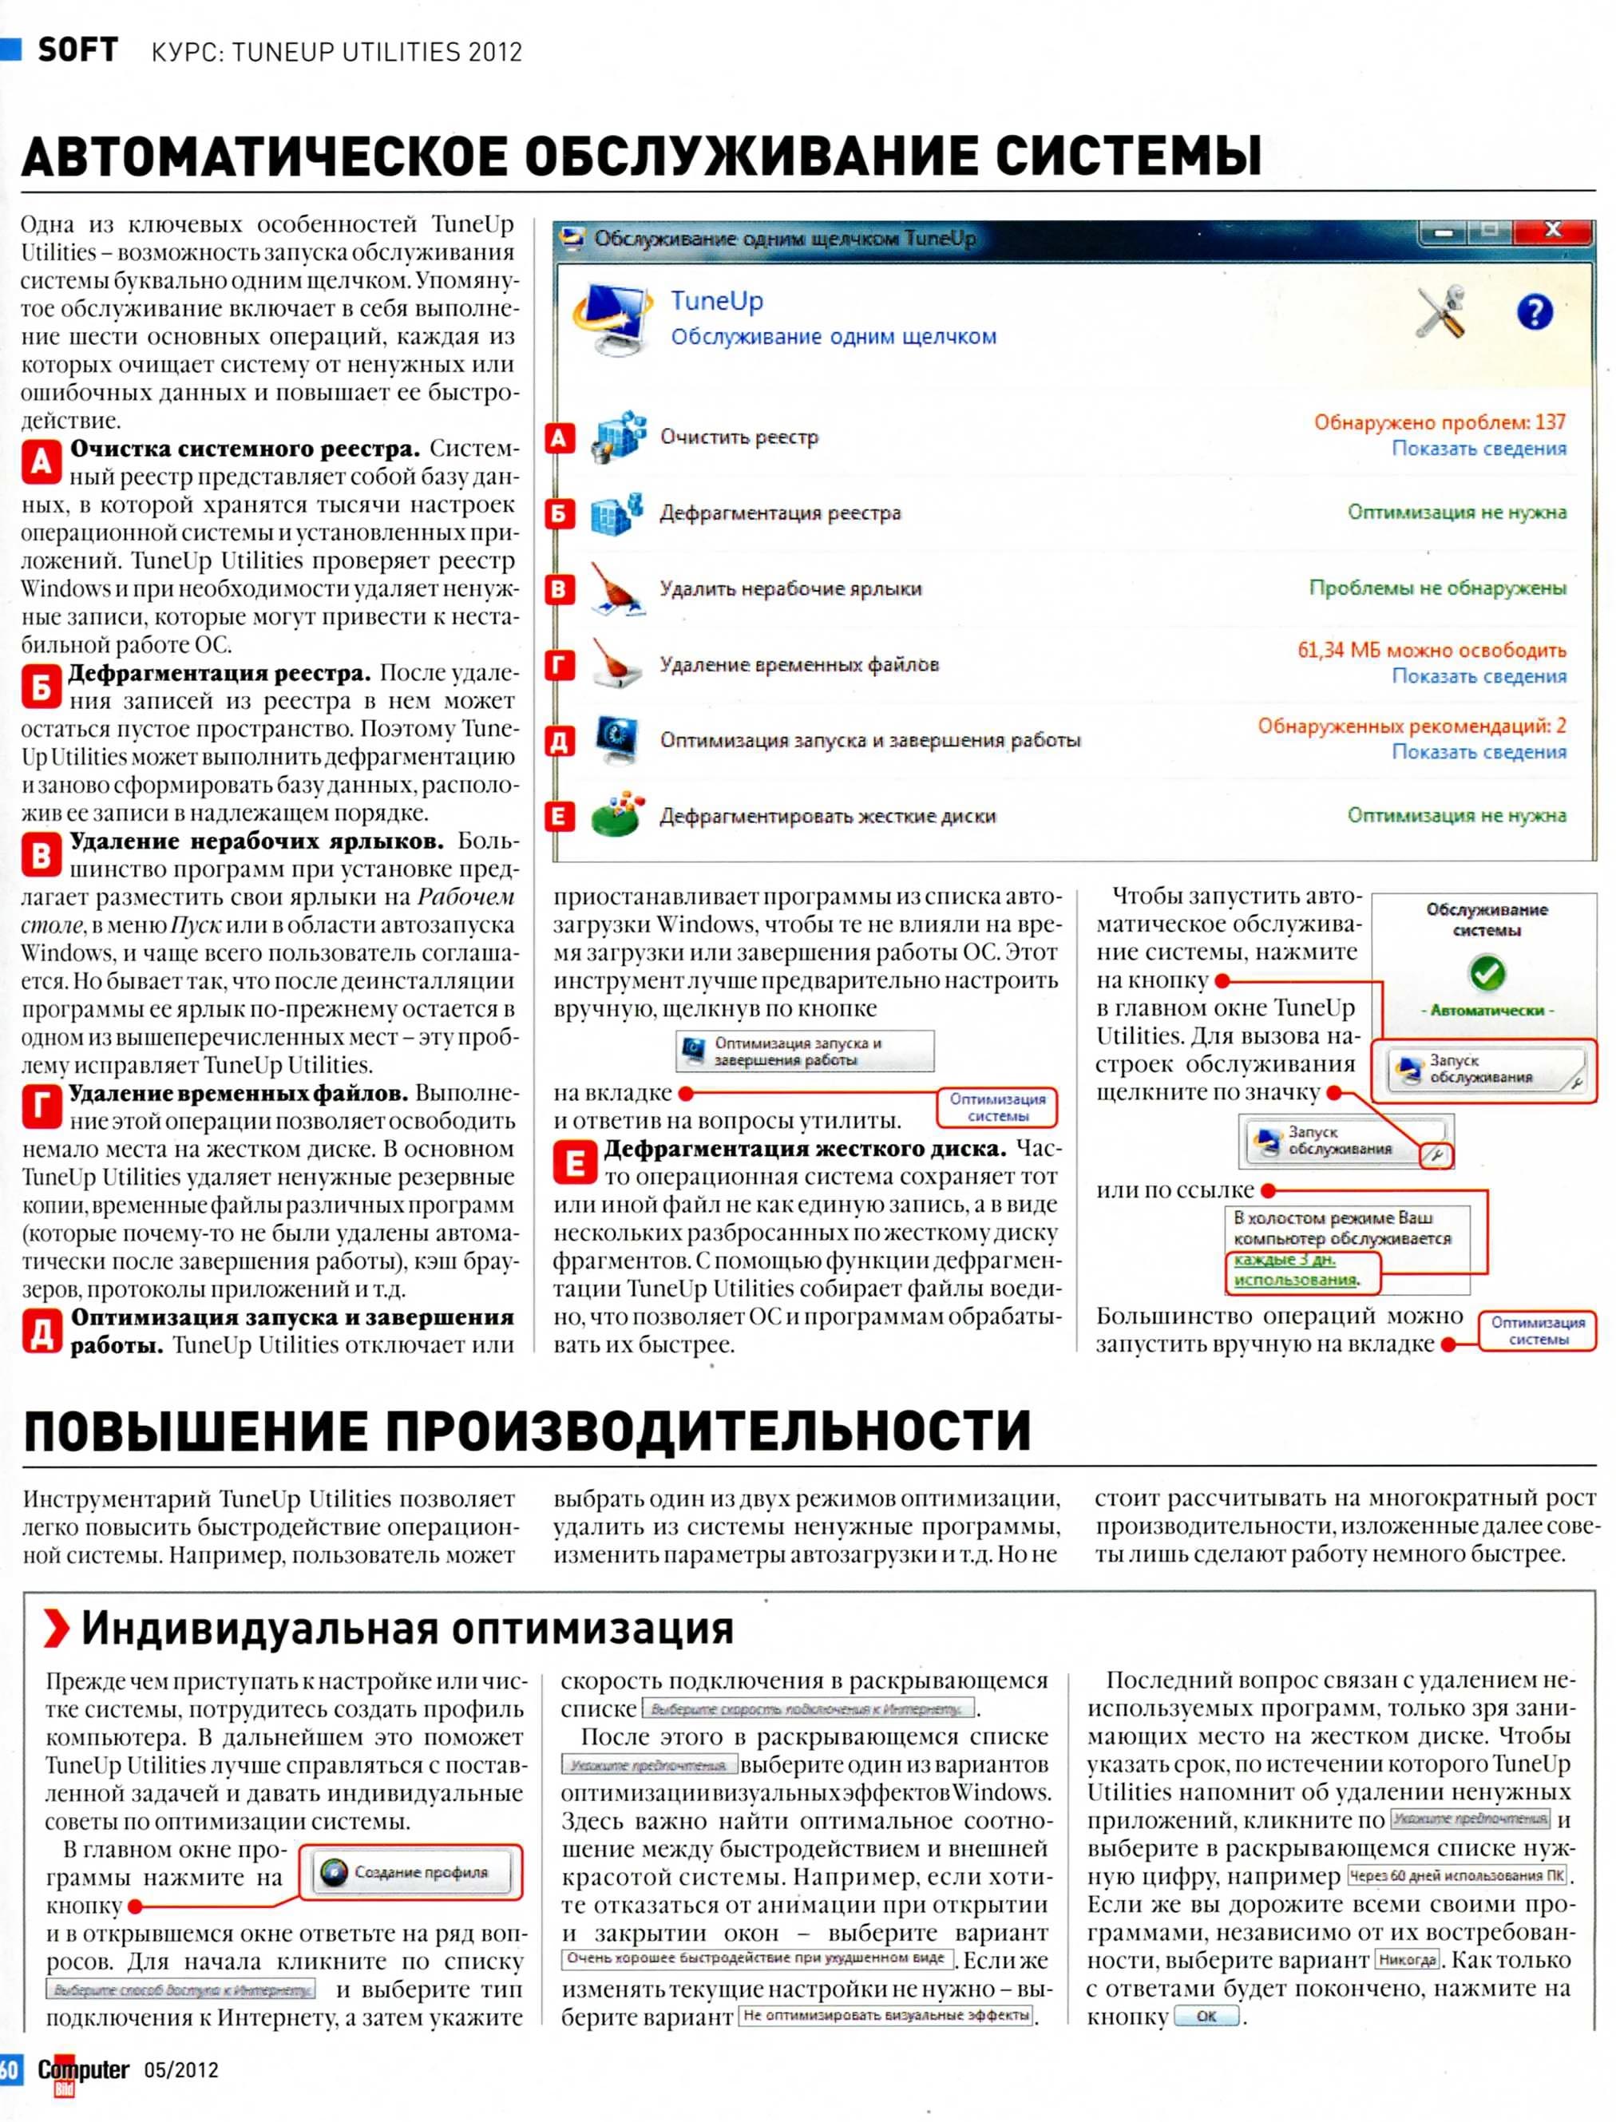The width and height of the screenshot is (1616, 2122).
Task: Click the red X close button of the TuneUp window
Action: [1551, 230]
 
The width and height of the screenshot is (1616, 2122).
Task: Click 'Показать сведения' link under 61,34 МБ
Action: [1479, 676]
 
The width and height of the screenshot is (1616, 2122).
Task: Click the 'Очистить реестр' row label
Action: [739, 437]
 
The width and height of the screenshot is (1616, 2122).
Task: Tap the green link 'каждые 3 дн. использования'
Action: [1296, 1269]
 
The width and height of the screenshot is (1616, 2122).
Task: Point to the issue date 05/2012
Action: [180, 2070]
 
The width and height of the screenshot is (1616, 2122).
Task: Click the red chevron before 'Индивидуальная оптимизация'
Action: [57, 1629]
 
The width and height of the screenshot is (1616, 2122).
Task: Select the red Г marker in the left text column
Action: [42, 1107]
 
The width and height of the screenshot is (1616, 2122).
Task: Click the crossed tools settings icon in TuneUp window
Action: [1440, 311]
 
